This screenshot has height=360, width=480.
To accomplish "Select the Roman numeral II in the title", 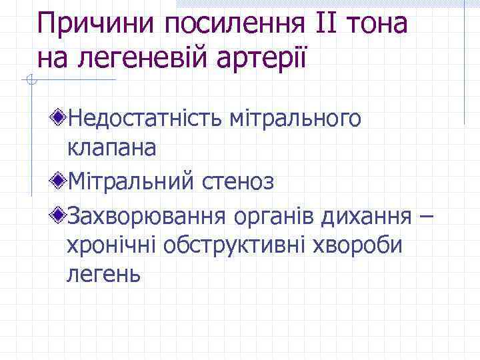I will (322, 25).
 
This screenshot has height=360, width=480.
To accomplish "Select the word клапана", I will (111, 148).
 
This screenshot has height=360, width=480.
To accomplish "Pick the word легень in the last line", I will (103, 273).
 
